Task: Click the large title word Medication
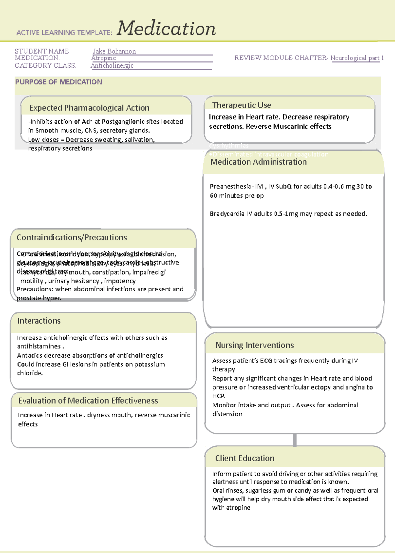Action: [x=166, y=29]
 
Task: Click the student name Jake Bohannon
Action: [x=114, y=51]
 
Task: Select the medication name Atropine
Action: [x=103, y=58]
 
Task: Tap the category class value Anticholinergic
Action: [x=112, y=66]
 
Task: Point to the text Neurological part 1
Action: [x=357, y=58]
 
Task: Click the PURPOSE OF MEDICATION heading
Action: [x=59, y=82]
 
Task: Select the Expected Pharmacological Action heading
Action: [x=89, y=108]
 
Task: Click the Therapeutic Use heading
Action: [x=242, y=105]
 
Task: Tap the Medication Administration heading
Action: [x=258, y=162]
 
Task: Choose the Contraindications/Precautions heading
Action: [x=72, y=238]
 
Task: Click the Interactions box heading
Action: [x=39, y=321]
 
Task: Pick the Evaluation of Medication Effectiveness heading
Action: [x=88, y=401]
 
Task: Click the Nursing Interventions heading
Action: [x=254, y=345]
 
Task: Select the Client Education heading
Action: [x=245, y=458]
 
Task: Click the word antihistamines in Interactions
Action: [x=39, y=346]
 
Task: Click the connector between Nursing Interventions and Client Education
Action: [x=295, y=440]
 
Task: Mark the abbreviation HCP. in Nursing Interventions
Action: [x=219, y=396]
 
